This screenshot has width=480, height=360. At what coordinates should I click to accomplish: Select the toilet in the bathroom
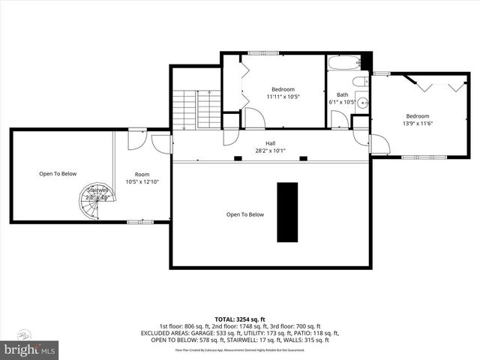coord(359,82)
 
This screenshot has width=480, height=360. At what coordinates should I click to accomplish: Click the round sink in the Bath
coord(361,103)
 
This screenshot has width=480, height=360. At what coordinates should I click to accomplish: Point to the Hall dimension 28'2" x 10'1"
coord(270,151)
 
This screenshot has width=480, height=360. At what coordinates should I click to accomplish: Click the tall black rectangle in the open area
coord(287,212)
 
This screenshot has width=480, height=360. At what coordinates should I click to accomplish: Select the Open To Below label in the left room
coord(58,174)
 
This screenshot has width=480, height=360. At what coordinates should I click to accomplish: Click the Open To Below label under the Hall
coord(245,214)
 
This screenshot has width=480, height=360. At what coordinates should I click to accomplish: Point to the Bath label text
coord(342,95)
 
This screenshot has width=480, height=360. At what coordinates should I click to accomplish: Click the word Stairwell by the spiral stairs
coord(98,190)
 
